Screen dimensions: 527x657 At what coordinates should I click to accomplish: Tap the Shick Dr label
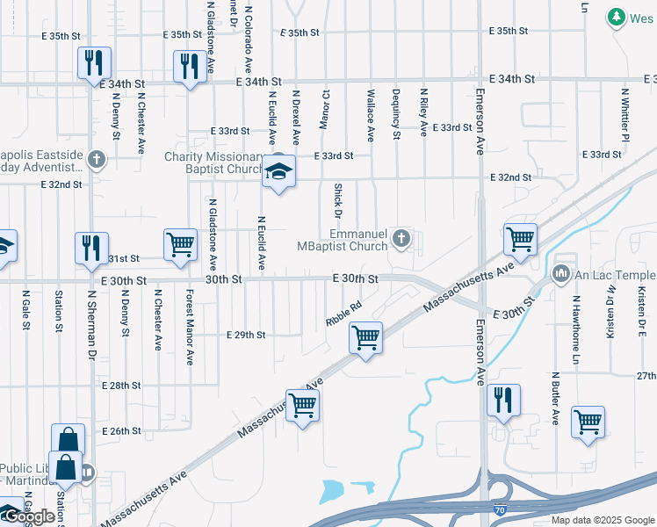(337, 200)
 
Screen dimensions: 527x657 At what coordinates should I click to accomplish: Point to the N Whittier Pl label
(625, 114)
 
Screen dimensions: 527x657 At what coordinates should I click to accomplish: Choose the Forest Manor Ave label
(189, 327)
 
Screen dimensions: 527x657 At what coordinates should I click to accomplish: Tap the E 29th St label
(245, 336)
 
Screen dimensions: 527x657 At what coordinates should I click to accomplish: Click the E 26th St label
(121, 431)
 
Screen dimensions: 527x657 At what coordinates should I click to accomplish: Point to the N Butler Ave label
(556, 398)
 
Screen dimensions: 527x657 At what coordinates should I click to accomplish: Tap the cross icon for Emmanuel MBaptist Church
(401, 236)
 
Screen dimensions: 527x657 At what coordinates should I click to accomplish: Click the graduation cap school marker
(279, 171)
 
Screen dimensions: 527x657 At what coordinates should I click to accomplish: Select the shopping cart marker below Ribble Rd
(365, 337)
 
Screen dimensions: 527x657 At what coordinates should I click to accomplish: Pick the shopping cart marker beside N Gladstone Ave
(180, 244)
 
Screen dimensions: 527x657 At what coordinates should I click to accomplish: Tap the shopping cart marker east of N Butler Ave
(588, 421)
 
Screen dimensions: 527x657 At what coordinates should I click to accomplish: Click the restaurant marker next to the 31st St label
(91, 248)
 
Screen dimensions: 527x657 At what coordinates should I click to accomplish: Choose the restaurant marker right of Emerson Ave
(503, 400)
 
